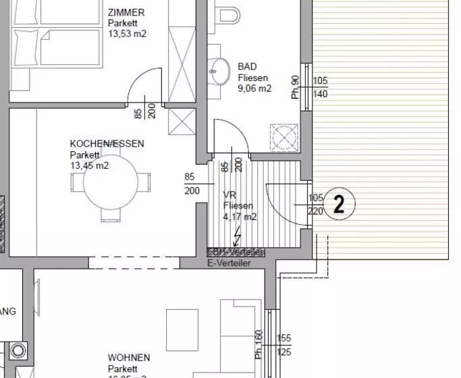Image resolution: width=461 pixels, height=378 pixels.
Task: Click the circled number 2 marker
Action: (339, 204)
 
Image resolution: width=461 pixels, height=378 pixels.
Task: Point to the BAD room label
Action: (248, 67)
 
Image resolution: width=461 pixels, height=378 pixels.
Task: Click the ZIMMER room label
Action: (126, 12)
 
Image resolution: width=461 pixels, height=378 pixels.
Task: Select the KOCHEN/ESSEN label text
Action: (107, 144)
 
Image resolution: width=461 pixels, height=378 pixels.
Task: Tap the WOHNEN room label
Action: (129, 357)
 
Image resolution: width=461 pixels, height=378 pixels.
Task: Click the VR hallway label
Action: (229, 195)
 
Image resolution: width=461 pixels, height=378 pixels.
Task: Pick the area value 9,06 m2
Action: (254, 88)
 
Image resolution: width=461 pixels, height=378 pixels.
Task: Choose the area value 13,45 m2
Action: (89, 165)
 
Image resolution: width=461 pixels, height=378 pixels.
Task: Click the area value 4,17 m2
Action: (240, 217)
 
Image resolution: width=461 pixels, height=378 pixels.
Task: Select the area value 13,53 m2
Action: (127, 32)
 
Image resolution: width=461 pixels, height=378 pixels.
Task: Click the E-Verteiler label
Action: (229, 263)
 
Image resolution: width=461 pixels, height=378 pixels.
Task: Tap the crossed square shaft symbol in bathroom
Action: (284, 137)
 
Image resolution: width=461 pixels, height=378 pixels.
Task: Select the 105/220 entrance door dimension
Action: (315, 204)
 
